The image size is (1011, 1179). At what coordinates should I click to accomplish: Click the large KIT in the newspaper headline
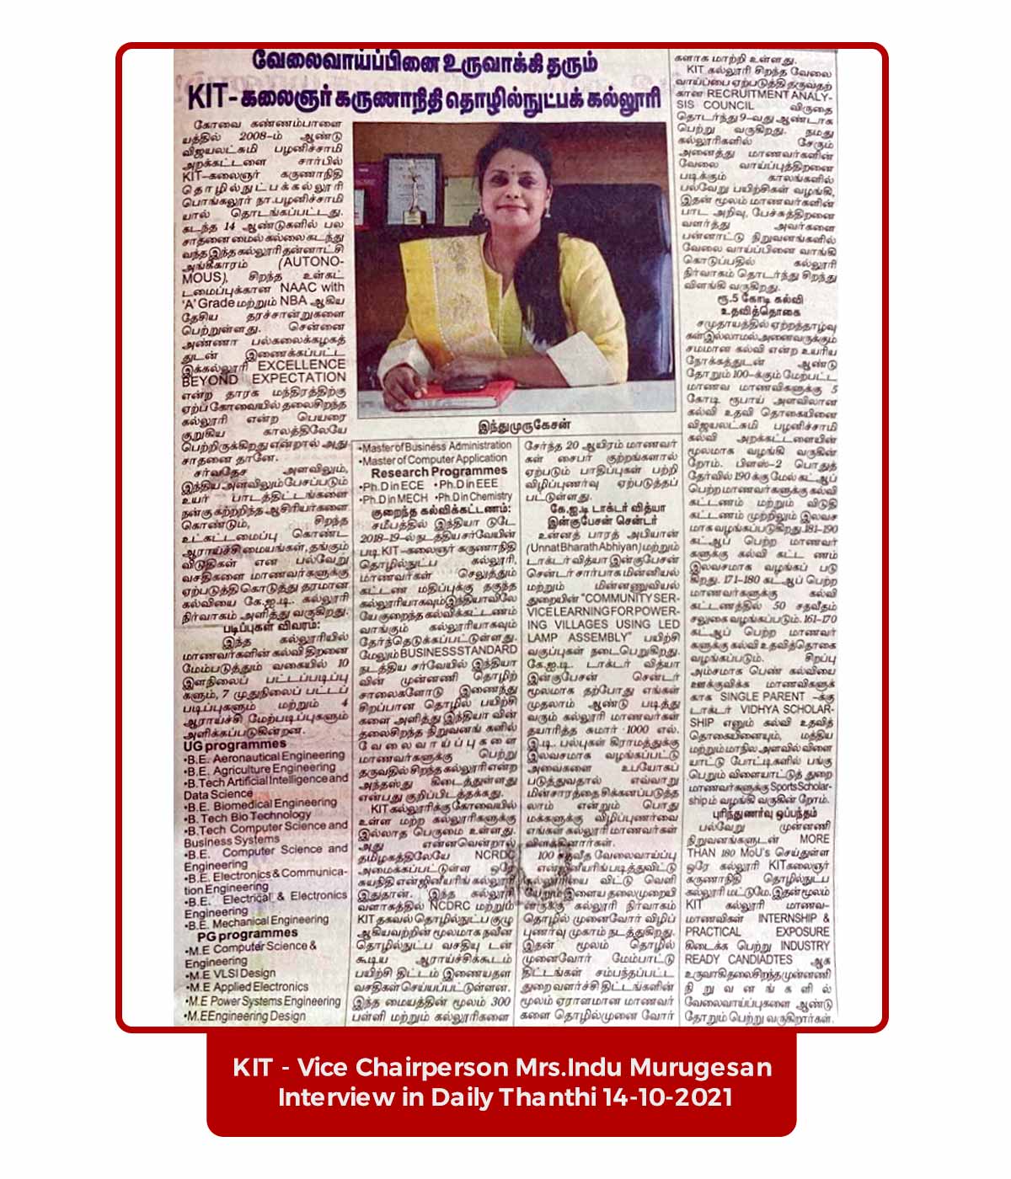click(x=211, y=94)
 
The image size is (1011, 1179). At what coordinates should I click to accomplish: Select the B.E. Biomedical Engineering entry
click(x=261, y=803)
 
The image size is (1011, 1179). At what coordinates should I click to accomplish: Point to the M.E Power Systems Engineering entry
click(x=264, y=1002)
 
